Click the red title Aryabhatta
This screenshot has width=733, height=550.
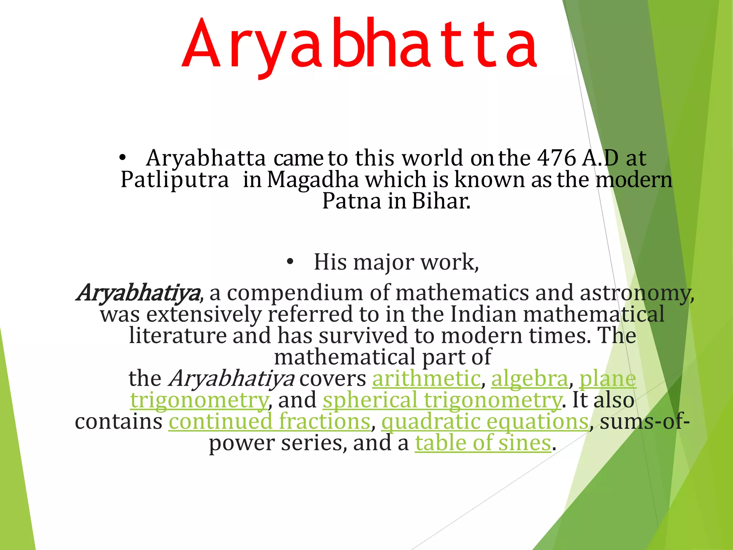point(359,45)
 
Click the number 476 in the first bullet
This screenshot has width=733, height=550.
point(557,158)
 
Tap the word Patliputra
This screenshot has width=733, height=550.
point(175,179)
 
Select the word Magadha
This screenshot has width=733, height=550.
point(313,179)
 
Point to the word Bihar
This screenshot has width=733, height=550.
point(441,201)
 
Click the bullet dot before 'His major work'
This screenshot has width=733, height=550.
point(290,262)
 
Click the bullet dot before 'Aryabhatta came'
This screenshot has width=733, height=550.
point(123,158)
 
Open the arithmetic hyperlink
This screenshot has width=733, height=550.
point(426,378)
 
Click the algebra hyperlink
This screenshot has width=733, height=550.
point(529,378)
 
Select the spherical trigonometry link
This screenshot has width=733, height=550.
point(442,400)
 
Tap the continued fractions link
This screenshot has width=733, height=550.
point(270,421)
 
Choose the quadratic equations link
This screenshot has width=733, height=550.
point(485,421)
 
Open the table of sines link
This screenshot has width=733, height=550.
point(483,443)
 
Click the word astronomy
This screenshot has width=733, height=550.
point(636,293)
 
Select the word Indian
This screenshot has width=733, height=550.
point(483,314)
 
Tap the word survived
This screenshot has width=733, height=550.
point(363,336)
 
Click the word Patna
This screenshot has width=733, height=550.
point(352,201)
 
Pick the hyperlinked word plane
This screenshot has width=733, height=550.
point(608,378)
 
